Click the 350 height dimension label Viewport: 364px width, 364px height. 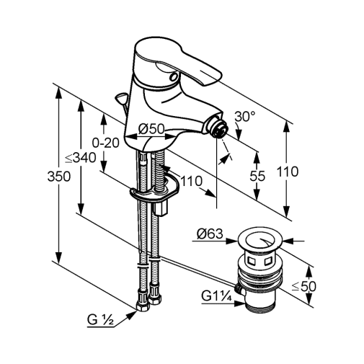click(59, 177)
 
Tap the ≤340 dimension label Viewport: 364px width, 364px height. click(81, 158)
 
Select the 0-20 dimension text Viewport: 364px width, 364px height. click(106, 143)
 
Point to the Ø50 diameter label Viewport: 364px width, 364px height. click(151, 129)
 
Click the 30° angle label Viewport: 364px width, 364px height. click(245, 117)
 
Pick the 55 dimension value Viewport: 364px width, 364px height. click(257, 176)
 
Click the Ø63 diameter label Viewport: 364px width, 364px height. click(210, 234)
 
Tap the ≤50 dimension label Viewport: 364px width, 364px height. click(303, 286)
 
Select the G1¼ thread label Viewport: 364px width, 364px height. click(216, 296)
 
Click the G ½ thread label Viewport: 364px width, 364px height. click(100, 320)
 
